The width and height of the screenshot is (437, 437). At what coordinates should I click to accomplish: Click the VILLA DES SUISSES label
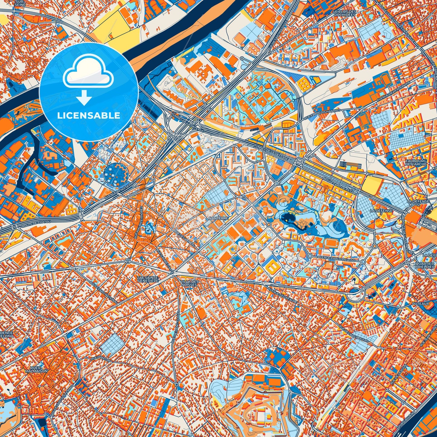189,283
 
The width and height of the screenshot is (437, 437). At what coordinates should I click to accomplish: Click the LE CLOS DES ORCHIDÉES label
344,13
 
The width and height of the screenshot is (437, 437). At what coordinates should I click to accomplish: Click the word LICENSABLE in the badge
89,115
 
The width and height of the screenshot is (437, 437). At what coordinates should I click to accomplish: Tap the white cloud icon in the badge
88,73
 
